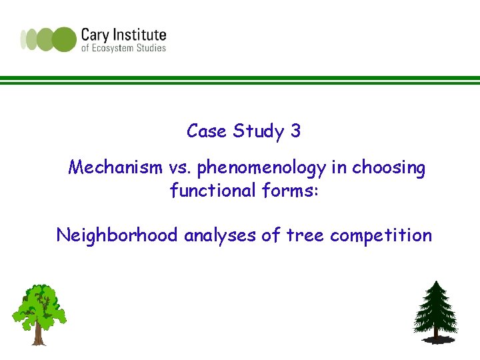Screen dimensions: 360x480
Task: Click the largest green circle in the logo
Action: point(65,39)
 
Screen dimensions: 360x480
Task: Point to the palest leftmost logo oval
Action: point(24,39)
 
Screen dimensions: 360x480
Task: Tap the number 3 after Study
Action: point(295,131)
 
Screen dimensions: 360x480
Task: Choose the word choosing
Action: point(389,169)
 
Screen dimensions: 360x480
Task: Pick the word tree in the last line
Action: point(307,235)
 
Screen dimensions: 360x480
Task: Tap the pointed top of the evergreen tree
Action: point(436,283)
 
